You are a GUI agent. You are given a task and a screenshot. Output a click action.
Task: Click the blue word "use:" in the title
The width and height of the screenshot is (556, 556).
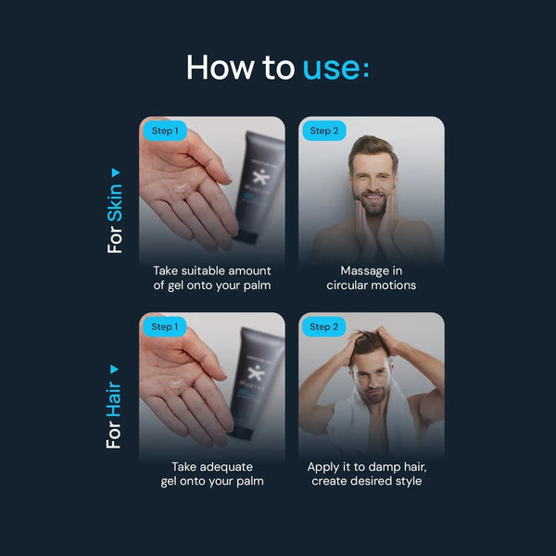coord(335,67)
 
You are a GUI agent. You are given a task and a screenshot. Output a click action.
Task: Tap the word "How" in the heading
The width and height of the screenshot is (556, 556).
coord(221,67)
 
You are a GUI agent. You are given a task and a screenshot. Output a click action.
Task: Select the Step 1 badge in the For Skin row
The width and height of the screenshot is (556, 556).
coord(165,131)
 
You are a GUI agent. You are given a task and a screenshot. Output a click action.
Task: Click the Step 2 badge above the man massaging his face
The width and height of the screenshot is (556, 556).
coord(324,131)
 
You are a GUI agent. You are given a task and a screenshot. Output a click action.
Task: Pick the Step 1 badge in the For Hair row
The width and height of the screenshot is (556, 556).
coord(165,326)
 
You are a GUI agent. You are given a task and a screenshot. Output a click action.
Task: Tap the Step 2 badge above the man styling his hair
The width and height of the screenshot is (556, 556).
coord(323,326)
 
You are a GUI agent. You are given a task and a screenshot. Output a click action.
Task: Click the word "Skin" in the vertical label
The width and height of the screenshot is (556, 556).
coord(115,203)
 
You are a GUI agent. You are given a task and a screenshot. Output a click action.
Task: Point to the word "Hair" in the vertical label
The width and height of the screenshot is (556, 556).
coord(114,398)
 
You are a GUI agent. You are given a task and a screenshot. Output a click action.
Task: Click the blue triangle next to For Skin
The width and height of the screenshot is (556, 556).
coord(116,172)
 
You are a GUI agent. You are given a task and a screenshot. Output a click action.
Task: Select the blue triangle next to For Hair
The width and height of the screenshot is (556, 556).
coord(114,370)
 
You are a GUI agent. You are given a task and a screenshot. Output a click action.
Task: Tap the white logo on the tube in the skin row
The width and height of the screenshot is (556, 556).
coord(261,176)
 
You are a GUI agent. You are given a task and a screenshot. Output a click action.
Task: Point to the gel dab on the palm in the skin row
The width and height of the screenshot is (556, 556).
coord(181,187)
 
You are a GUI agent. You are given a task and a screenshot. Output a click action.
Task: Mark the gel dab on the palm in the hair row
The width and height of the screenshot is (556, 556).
coord(176,384)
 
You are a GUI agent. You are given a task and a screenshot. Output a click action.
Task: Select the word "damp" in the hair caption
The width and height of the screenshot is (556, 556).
coord(385,468)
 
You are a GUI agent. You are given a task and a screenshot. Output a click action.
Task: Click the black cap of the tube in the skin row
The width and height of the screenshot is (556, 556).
coord(246,237)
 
